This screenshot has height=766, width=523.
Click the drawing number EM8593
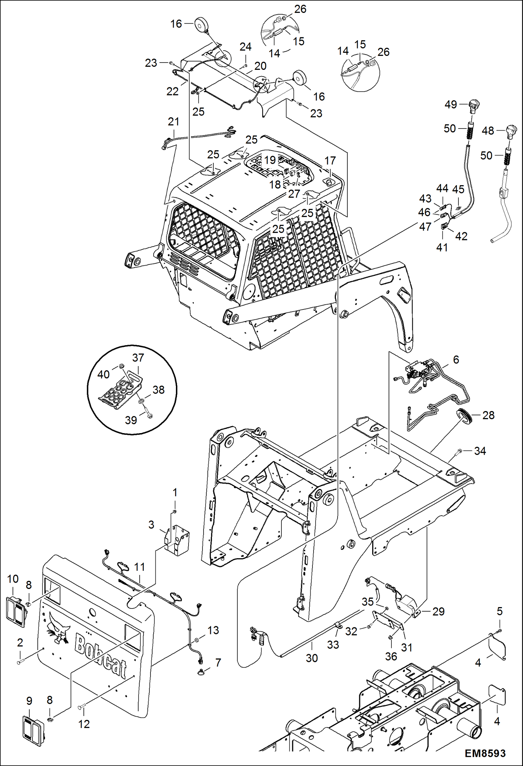click(x=485, y=753)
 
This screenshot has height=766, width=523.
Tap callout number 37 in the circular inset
click(x=138, y=357)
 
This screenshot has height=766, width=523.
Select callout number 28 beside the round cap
click(x=488, y=415)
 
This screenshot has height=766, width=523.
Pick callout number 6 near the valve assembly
click(x=456, y=359)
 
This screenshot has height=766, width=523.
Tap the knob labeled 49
click(x=474, y=105)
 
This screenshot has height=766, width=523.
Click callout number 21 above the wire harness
click(x=174, y=122)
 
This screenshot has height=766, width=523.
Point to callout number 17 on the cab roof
click(x=330, y=161)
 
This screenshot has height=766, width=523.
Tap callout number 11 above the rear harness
click(x=139, y=567)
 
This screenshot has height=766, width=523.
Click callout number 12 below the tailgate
click(x=84, y=724)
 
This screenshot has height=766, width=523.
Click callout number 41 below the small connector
click(x=442, y=247)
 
